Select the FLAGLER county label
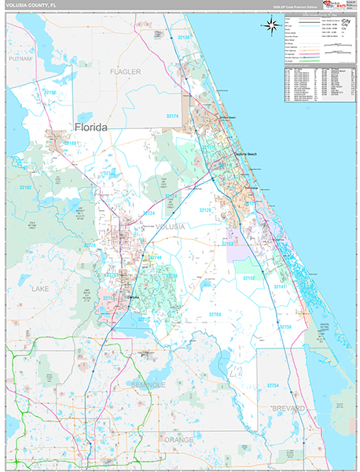125,72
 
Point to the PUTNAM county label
20,58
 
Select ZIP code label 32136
183,38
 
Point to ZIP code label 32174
173,116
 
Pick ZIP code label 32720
90,245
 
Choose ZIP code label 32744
155,257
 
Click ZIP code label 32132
249,278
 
